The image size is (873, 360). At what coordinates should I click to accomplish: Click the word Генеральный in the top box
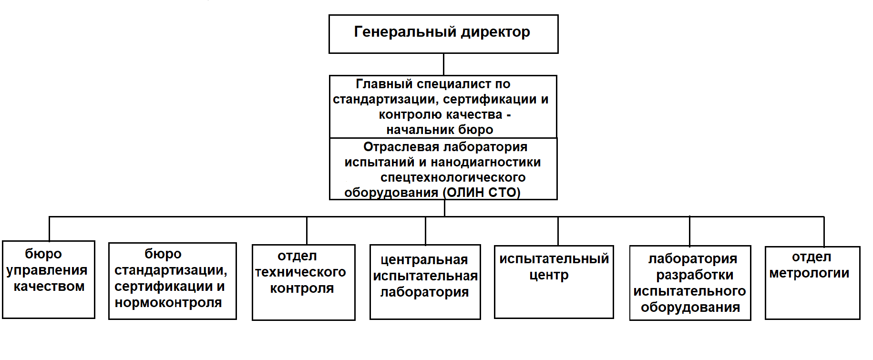click(x=405, y=32)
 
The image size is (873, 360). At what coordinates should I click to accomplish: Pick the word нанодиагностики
click(x=486, y=162)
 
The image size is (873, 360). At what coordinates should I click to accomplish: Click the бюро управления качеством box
click(x=49, y=279)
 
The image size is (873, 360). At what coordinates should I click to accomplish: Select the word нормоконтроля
click(x=168, y=303)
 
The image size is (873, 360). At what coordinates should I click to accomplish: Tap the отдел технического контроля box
click(x=304, y=282)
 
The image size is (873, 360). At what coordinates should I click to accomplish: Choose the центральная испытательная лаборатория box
click(x=425, y=282)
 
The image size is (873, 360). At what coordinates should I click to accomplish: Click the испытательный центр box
click(x=554, y=282)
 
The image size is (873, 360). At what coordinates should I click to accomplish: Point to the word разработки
click(x=695, y=275)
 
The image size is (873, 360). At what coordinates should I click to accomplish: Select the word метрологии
click(x=809, y=273)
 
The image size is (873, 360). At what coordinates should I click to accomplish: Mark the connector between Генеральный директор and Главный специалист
click(x=443, y=64)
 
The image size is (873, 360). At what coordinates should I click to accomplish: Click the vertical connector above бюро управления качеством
click(x=49, y=229)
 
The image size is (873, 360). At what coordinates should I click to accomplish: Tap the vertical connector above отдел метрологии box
click(x=824, y=232)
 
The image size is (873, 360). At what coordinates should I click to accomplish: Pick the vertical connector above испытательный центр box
click(x=558, y=231)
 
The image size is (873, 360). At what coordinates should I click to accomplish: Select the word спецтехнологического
click(x=453, y=177)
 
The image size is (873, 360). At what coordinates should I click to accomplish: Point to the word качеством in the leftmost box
click(x=49, y=287)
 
